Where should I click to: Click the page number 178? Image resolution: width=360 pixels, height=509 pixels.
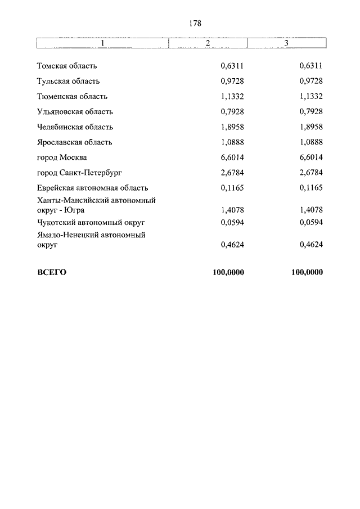[x=195, y=24]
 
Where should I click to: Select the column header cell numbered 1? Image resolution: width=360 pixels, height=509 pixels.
[x=102, y=43]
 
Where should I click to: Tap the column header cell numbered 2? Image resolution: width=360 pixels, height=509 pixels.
[x=208, y=43]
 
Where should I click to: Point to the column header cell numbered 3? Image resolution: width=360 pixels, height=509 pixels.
[x=286, y=43]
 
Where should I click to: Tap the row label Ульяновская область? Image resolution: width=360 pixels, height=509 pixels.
[x=75, y=111]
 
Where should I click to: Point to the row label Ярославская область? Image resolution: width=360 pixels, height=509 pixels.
[x=75, y=142]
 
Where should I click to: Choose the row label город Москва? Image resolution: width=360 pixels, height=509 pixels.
[x=62, y=157]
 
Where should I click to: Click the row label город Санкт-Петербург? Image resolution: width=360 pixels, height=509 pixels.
[x=79, y=172]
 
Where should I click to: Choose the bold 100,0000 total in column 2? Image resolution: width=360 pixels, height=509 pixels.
[x=228, y=272]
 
